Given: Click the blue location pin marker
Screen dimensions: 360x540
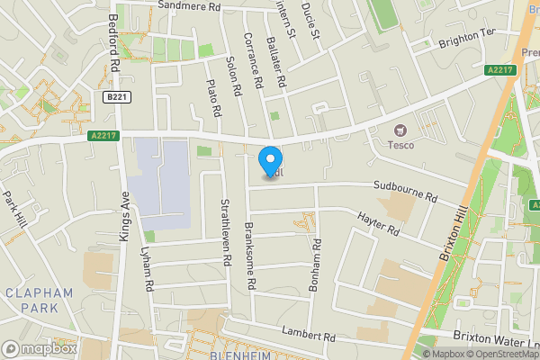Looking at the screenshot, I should (268, 162).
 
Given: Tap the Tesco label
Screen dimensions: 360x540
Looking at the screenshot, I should (400, 144).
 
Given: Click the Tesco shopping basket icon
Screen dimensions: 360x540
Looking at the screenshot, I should (400, 130).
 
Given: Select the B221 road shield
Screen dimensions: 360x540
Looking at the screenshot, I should (112, 96).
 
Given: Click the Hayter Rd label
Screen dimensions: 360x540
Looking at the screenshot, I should (377, 224).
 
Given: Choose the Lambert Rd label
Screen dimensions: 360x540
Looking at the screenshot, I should (308, 332).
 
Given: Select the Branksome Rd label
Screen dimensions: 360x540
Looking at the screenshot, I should (251, 256).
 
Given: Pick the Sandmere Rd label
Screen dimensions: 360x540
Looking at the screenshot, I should (189, 6).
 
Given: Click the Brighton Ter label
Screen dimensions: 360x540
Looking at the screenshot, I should (467, 37).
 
